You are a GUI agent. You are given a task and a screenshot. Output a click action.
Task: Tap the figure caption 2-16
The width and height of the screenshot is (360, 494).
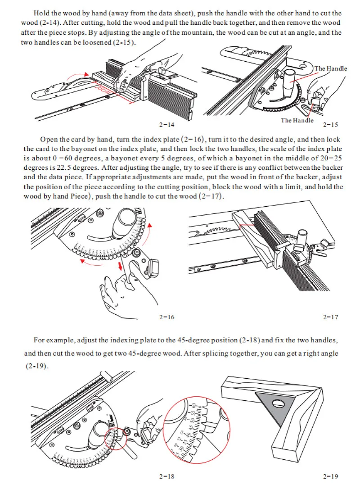[x=166, y=317]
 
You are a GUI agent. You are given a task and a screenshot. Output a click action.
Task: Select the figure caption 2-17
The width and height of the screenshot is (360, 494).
[x=330, y=317]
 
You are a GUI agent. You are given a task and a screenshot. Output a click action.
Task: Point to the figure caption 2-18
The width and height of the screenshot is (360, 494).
[x=166, y=476]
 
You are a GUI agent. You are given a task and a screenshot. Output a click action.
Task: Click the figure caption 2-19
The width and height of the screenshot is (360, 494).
[x=330, y=476]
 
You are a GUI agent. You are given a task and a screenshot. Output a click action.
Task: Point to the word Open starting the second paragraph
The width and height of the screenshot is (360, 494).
[x=49, y=140]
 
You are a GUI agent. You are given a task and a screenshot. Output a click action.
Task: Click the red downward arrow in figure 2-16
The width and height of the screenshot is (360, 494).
[x=120, y=265]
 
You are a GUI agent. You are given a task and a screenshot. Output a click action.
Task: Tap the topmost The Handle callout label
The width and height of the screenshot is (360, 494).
[x=331, y=68]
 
